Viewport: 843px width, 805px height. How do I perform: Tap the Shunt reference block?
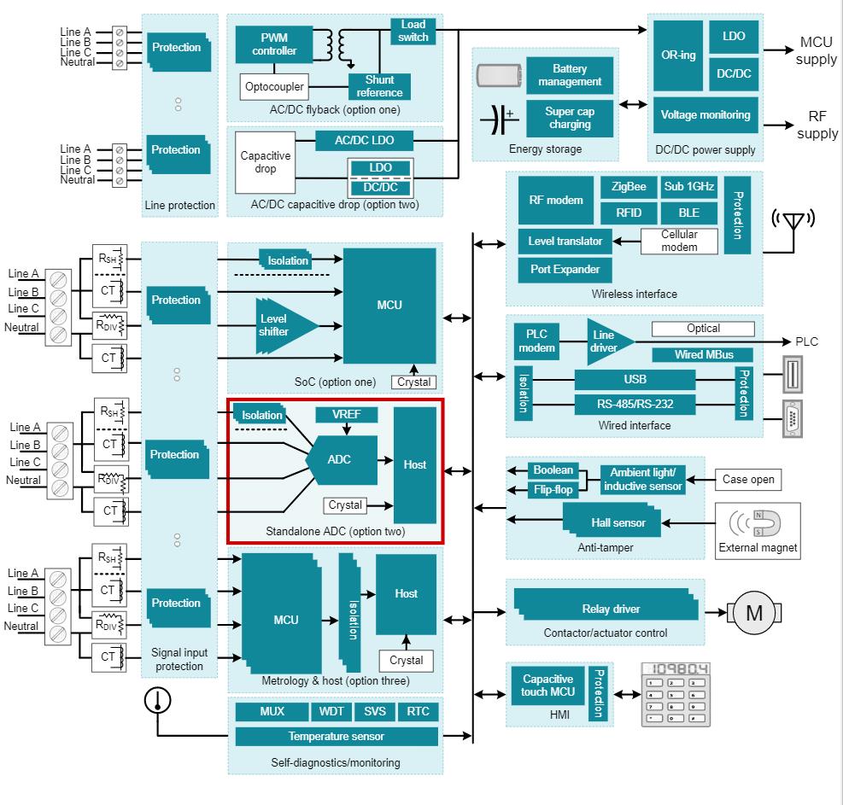379,86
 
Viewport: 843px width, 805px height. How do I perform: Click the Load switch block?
413,31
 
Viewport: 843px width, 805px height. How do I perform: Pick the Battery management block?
570,75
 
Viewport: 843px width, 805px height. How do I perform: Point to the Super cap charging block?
570,118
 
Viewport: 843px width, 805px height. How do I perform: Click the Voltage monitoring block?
705,114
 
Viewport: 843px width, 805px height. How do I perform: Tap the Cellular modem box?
680,240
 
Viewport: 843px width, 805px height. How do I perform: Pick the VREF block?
346,415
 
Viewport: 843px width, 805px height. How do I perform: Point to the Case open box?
748,479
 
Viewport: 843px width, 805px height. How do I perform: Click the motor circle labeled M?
754,612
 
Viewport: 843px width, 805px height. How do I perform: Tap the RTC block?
419,711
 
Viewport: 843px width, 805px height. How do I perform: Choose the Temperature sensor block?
336,736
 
